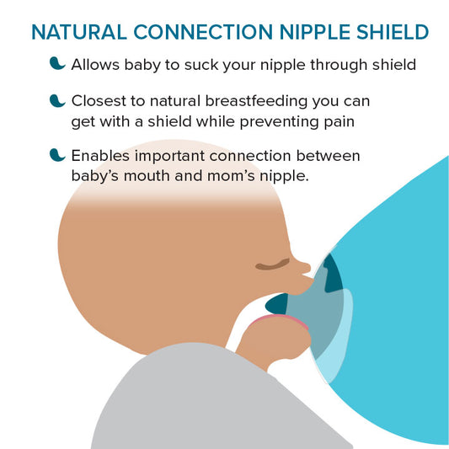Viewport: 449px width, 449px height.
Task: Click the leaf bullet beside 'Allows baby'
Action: tap(58, 64)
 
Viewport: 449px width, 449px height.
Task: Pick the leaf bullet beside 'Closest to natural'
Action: tap(58, 101)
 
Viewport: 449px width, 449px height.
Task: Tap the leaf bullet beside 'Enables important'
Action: tap(58, 156)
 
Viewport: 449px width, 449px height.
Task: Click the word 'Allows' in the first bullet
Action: tap(94, 65)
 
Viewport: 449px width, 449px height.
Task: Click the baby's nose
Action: tap(303, 268)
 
